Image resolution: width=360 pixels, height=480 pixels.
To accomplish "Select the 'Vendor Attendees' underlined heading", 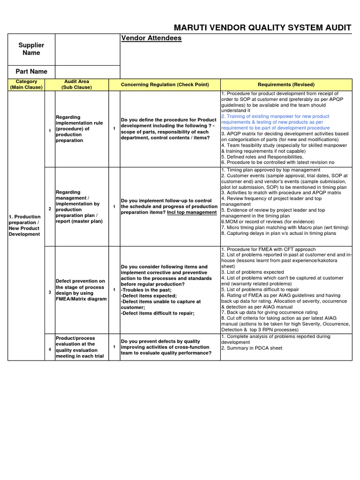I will coord(151,38).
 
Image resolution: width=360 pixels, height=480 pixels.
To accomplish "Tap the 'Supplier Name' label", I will coord(31,49).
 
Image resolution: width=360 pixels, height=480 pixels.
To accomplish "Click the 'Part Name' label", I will coord(31,72).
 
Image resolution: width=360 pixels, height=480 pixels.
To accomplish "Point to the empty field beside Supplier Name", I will coord(88,49).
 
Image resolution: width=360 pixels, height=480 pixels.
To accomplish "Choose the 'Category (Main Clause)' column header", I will coord(26,84).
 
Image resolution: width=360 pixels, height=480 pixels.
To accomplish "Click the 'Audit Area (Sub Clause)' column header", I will coord(76,84).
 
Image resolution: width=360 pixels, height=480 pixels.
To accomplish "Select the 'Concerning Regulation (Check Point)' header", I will coord(165,84).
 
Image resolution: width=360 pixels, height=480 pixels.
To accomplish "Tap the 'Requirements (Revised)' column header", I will coord(286,84).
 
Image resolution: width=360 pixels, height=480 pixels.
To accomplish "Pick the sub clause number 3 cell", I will coord(50,292).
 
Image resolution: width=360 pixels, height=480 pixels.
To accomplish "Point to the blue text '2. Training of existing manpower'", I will coord(275,116).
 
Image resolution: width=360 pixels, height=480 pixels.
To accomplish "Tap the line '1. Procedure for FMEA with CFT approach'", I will coord(268,249).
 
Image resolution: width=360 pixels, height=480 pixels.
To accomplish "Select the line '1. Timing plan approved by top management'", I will coord(270,170).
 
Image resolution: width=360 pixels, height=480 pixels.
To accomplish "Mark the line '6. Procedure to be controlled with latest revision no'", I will coord(278,162).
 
